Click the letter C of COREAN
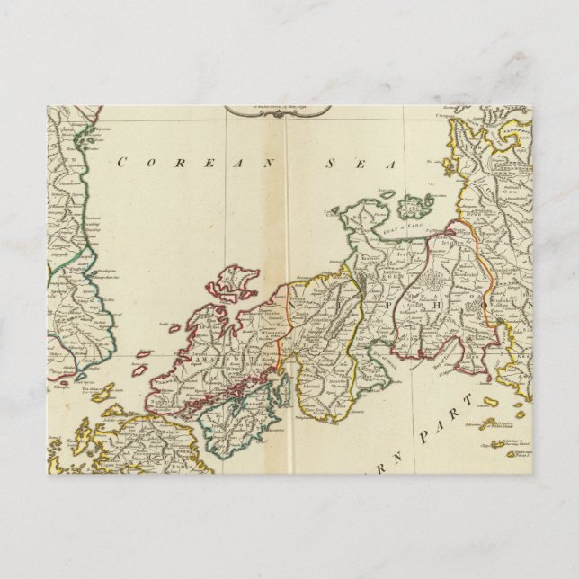point(120,162)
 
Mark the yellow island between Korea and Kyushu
point(103,393)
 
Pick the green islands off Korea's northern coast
point(87,138)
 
